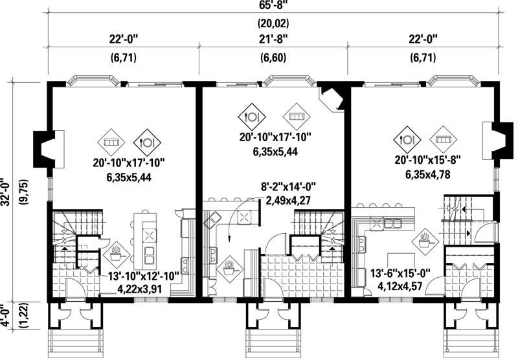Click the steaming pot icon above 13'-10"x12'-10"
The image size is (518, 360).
pyautogui.click(x=117, y=251)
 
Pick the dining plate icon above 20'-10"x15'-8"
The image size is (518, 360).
pyautogui.click(x=409, y=139)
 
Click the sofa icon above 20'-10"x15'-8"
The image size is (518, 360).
pyautogui.click(x=444, y=139)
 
